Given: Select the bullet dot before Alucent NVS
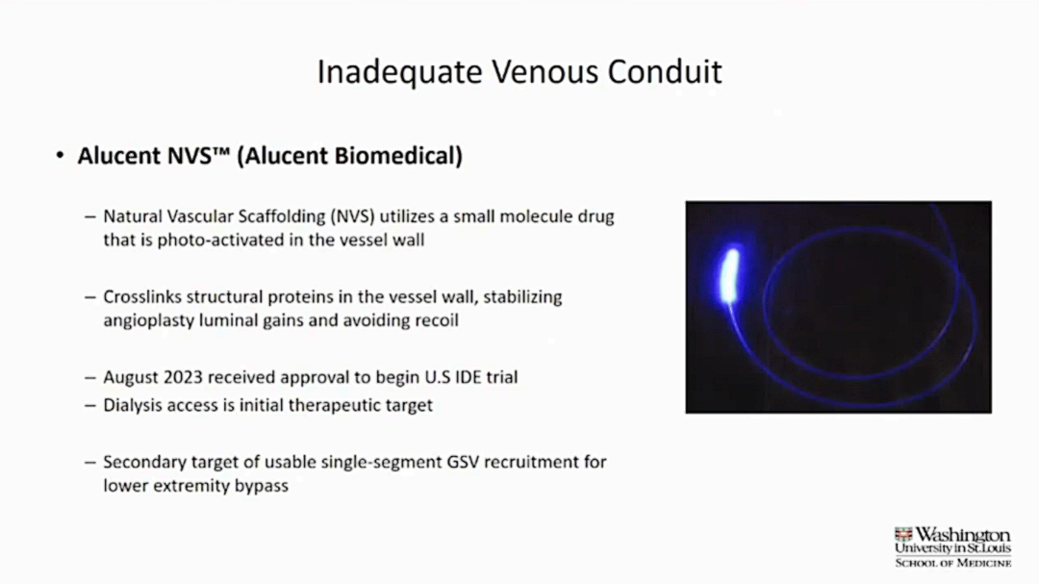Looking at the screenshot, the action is click(x=61, y=156).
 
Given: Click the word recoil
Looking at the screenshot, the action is click(x=437, y=320).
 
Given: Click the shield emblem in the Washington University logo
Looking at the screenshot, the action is click(x=903, y=535).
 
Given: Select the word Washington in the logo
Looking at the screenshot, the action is click(x=963, y=535).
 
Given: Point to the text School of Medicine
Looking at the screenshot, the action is click(x=952, y=563).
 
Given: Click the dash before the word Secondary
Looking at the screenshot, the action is click(x=90, y=462).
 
